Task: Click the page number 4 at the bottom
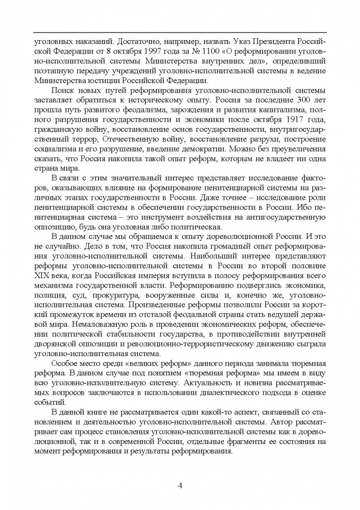coord(180,485)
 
